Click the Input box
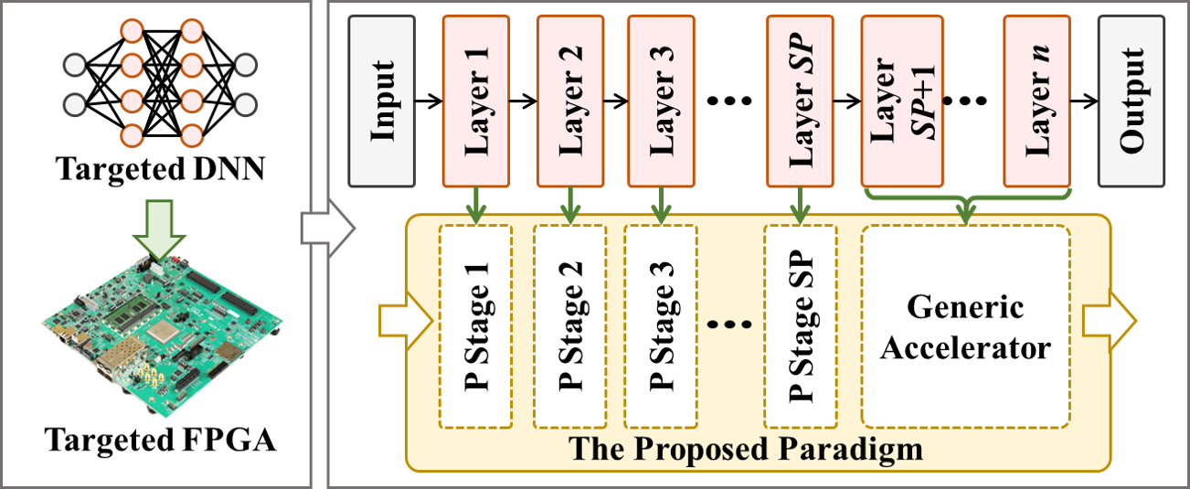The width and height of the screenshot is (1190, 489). (x=382, y=101)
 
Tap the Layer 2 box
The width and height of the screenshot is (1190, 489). (x=571, y=101)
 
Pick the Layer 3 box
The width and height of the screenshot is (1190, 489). (x=661, y=101)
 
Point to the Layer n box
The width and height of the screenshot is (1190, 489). (x=1036, y=101)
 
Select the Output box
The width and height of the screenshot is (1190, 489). (x=1132, y=101)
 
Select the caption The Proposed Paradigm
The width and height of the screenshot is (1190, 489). (x=746, y=449)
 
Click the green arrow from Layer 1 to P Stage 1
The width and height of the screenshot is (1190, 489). (x=475, y=202)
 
